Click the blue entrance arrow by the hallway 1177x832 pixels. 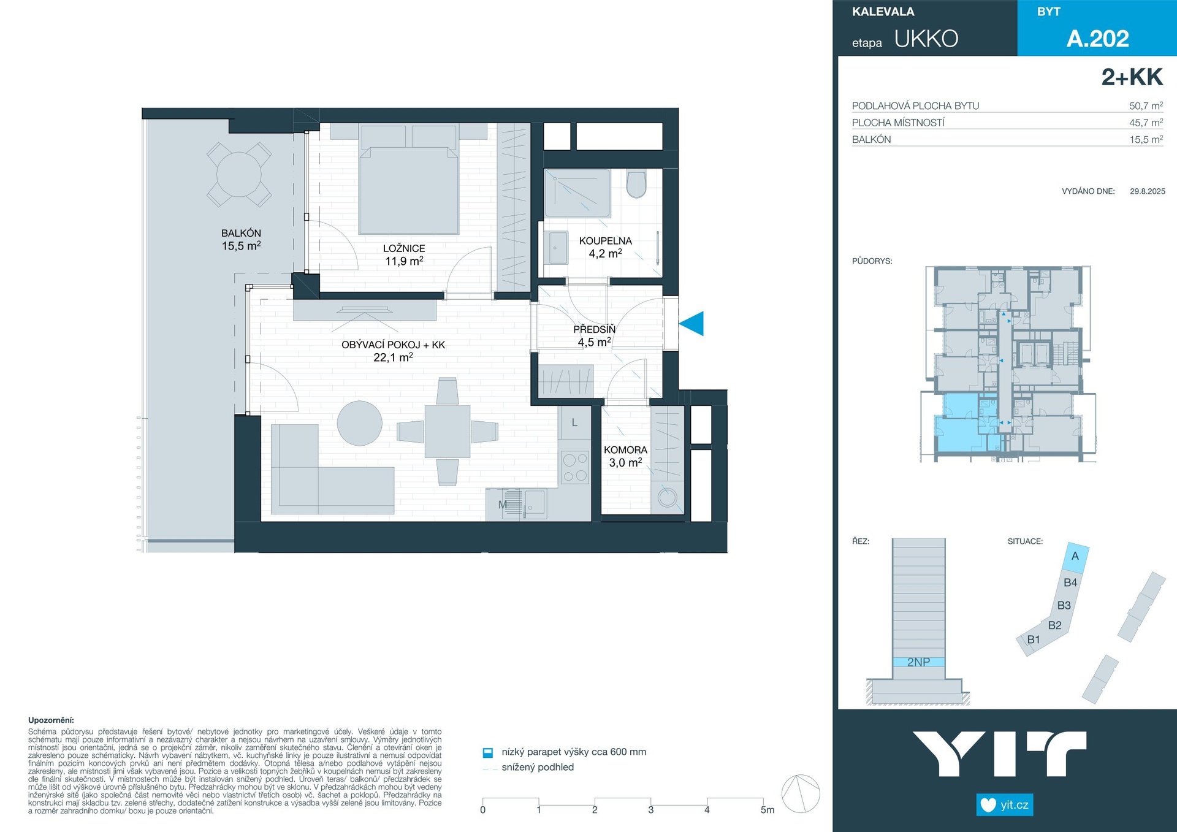tap(691, 324)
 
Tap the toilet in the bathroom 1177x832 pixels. tap(636, 184)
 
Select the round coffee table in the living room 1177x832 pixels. tap(360, 423)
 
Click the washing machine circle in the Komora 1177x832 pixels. tap(667, 497)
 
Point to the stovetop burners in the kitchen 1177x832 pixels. tap(575, 467)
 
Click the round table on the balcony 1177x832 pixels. tap(239, 175)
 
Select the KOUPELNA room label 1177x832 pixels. tap(605, 241)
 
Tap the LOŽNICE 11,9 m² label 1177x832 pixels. tap(404, 254)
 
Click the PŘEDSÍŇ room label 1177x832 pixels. tap(594, 329)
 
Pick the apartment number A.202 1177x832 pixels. tap(1097, 39)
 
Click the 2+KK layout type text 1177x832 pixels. tap(1132, 77)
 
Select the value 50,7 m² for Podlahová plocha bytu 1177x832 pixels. tap(1146, 105)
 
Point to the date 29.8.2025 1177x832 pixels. tap(1148, 191)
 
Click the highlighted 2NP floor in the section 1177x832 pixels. tap(918, 662)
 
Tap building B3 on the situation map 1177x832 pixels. tap(1064, 605)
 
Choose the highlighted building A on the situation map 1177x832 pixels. tap(1076, 557)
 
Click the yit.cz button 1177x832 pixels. tap(1005, 804)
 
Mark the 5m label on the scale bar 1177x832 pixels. tap(768, 810)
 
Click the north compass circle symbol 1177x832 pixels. tap(801, 794)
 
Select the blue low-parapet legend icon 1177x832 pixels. tap(488, 752)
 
